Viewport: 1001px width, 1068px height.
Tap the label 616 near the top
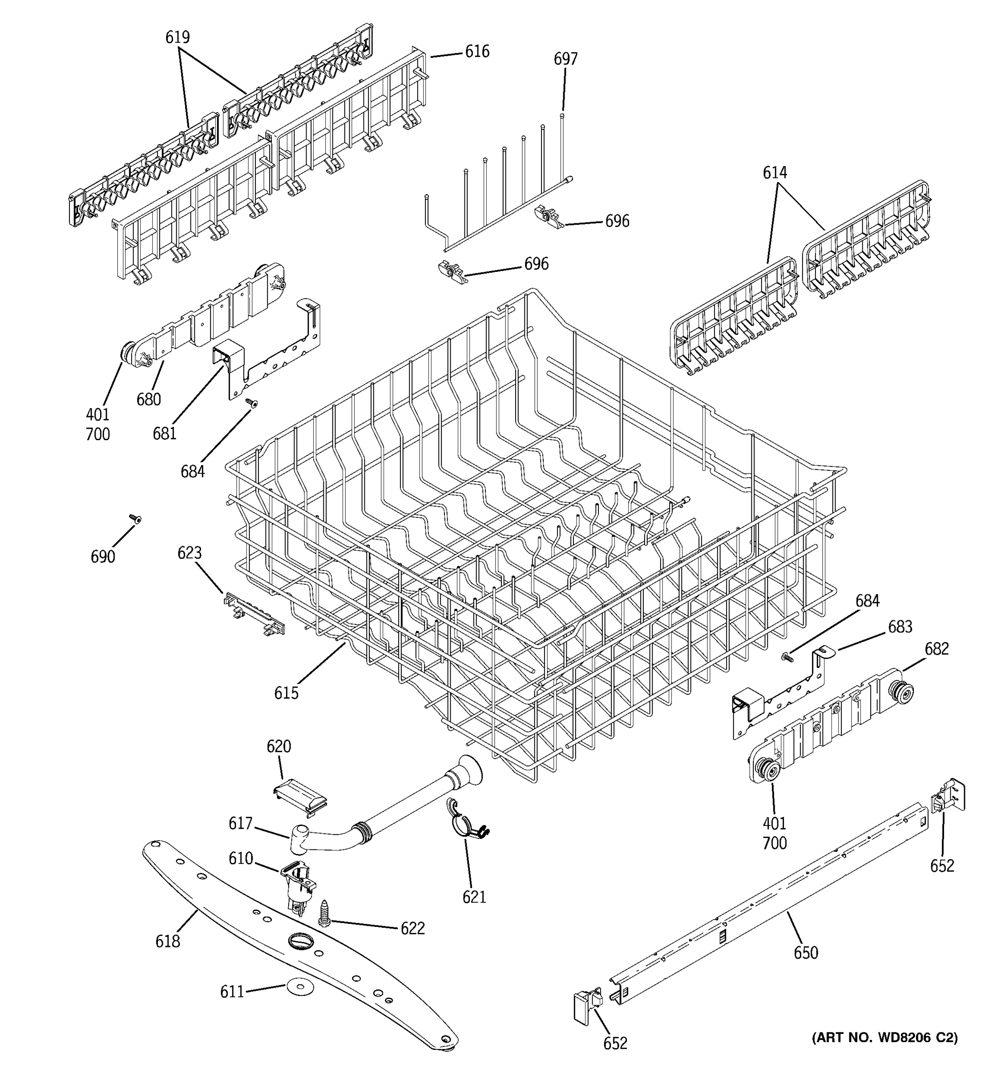click(477, 52)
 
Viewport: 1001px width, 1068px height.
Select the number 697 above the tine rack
click(565, 59)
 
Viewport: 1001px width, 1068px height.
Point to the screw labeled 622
click(324, 913)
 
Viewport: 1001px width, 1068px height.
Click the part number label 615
click(286, 693)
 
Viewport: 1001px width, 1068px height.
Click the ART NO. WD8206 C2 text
click(884, 1037)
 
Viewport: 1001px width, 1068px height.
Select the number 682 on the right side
click(936, 648)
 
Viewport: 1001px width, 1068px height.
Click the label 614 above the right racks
click(775, 173)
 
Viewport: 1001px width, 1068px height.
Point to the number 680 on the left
click(149, 399)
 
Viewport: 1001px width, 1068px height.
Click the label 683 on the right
click(900, 627)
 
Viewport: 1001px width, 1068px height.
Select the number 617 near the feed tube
click(240, 823)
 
